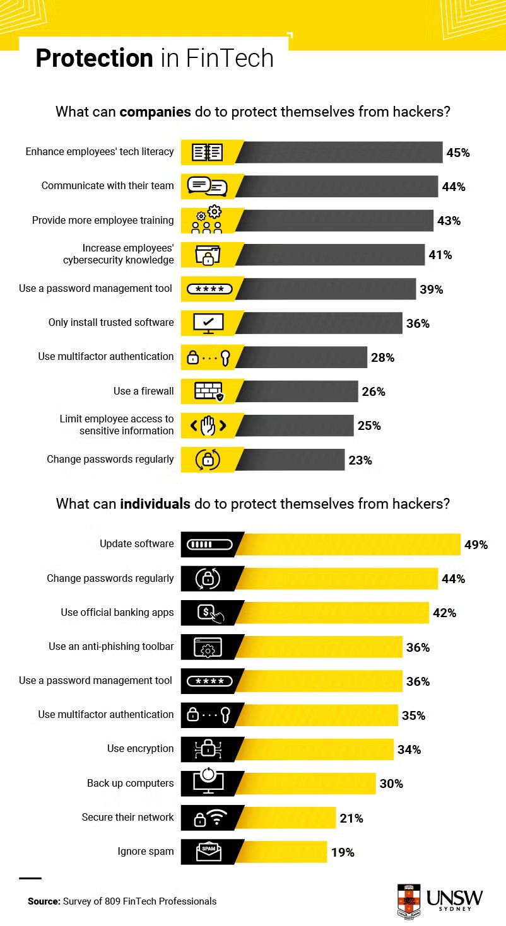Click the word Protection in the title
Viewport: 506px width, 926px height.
click(94, 58)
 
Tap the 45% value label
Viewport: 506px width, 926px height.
click(458, 153)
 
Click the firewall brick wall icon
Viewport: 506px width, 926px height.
click(208, 391)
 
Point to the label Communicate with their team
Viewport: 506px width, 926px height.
click(107, 186)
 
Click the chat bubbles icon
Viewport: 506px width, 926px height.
click(207, 187)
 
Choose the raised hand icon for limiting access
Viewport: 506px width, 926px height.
click(208, 425)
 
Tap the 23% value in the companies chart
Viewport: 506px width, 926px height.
click(360, 460)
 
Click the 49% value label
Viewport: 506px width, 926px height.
click(476, 545)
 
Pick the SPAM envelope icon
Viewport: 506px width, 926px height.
click(208, 852)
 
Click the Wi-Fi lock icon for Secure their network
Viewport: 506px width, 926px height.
click(209, 818)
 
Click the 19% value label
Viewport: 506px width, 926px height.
click(343, 852)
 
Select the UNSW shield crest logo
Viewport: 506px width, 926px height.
click(409, 900)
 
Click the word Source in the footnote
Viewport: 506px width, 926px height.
click(44, 901)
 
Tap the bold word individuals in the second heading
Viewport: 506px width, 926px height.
click(155, 504)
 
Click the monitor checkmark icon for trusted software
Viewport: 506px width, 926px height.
click(208, 323)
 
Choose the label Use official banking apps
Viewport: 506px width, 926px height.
click(117, 612)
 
